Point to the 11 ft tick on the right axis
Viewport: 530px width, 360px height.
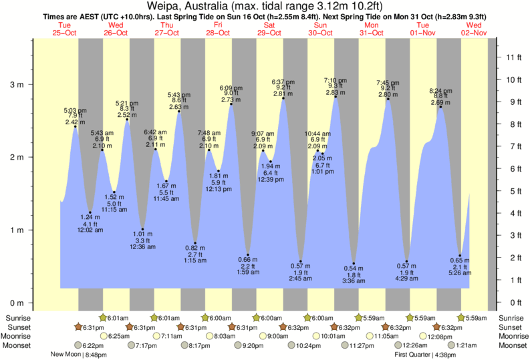(512, 57)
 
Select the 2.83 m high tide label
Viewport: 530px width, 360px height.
(336, 93)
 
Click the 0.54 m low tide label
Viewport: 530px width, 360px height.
(353, 268)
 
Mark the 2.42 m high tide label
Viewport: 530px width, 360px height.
(74, 122)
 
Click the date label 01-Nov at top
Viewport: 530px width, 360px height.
(423, 32)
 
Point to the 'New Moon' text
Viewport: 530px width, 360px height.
(66, 355)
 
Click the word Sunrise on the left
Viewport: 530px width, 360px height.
(19, 317)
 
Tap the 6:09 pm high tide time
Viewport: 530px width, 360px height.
(231, 87)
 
